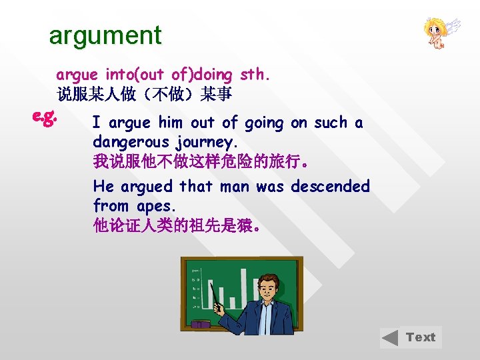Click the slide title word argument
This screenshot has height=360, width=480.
pos(105,35)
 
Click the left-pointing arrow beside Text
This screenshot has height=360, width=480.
pos(391,338)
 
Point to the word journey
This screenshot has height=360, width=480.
pos(207,143)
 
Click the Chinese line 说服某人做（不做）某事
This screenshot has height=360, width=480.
pos(144,95)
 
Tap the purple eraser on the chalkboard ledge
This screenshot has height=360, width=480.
pos(201,325)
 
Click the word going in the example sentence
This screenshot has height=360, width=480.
pos(264,123)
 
